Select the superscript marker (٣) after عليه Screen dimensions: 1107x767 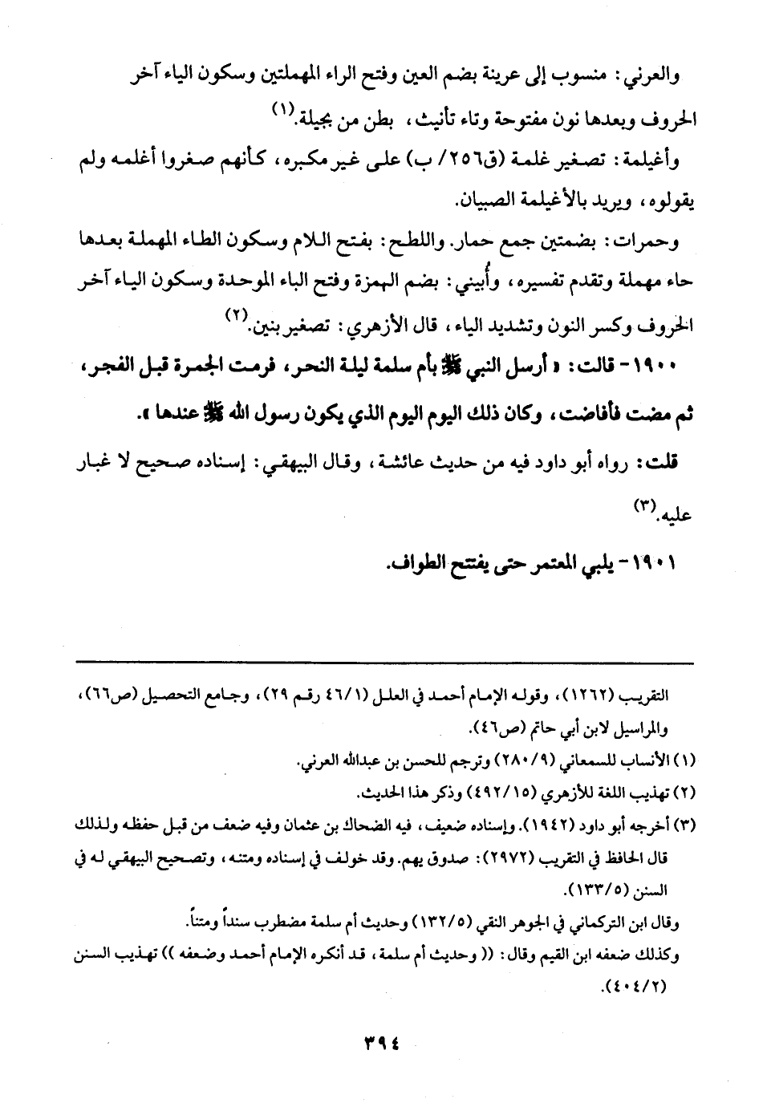click(645, 504)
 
